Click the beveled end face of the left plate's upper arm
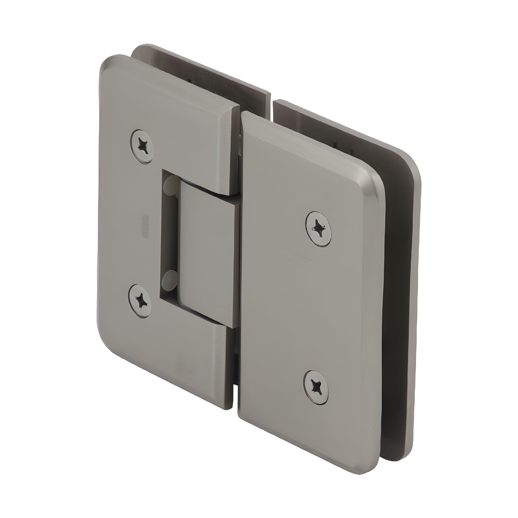(229, 150)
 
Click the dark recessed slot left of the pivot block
(164, 233)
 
